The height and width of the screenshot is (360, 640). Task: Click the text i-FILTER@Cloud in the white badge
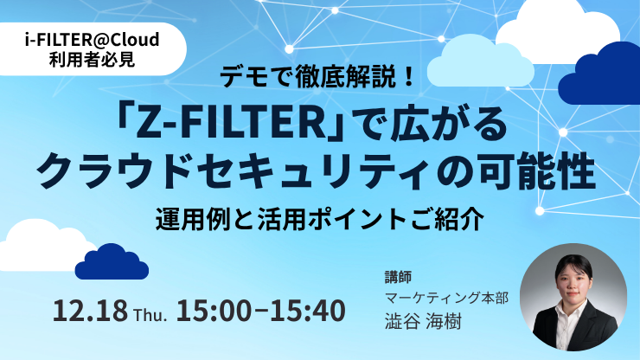(x=92, y=40)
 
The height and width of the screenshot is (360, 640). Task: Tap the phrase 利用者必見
(x=92, y=60)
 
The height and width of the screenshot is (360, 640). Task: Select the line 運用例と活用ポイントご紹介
(x=320, y=219)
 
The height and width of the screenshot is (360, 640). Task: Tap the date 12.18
(x=90, y=311)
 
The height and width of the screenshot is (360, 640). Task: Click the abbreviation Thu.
(x=150, y=315)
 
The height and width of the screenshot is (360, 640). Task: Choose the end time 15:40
(x=308, y=311)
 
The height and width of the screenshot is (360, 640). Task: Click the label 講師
(x=398, y=277)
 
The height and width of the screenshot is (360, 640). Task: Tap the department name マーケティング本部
(x=446, y=299)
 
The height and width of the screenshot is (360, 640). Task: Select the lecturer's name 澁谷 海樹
(x=423, y=321)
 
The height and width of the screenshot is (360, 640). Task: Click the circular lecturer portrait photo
(x=573, y=298)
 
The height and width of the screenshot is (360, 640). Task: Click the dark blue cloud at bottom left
(x=112, y=263)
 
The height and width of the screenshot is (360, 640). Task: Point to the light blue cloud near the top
(x=480, y=64)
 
